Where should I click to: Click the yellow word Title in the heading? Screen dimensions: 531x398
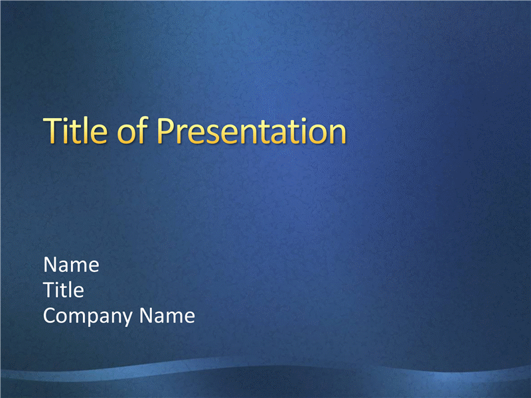pos(75,130)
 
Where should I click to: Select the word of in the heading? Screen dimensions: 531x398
pos(132,130)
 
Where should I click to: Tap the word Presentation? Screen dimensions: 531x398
pos(252,130)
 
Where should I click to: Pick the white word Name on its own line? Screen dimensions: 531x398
pos(72,264)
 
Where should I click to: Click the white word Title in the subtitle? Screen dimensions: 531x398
pos(64,290)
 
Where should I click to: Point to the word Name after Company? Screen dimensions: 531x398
pos(167,316)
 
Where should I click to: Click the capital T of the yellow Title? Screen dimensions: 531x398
pos(53,130)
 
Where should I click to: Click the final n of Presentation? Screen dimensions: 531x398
pos(338,134)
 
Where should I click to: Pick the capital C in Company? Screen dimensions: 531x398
pos(50,316)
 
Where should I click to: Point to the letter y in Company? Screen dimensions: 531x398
pos(127,320)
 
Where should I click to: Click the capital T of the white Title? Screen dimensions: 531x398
pos(49,290)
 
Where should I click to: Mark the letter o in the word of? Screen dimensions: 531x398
pos(126,135)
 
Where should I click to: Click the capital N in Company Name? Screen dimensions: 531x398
pos(145,316)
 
